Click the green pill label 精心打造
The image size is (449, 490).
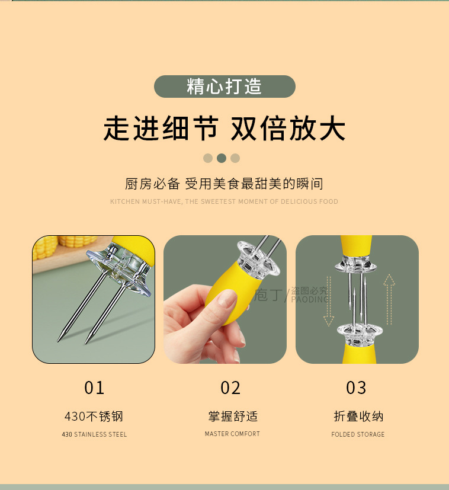(x=224, y=87)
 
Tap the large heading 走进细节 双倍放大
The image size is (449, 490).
(x=224, y=129)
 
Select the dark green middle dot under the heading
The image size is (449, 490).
(x=222, y=158)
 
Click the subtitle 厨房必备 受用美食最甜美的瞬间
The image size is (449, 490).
(x=224, y=183)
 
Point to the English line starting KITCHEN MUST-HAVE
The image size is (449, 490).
(x=224, y=201)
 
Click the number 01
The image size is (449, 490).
(x=94, y=388)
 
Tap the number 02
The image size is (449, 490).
(x=230, y=388)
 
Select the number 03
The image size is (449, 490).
(x=356, y=388)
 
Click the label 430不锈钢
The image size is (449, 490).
(x=94, y=417)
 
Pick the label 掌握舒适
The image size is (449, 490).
(x=232, y=417)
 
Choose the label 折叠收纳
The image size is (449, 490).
(x=358, y=417)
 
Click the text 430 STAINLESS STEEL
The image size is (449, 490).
(x=94, y=434)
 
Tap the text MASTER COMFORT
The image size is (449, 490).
(x=232, y=434)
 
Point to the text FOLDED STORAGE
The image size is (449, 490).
(x=358, y=434)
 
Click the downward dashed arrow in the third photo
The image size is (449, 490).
(x=329, y=302)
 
